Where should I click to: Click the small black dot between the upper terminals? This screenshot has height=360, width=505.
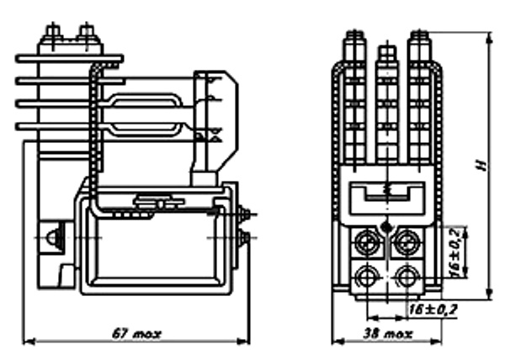386,225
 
